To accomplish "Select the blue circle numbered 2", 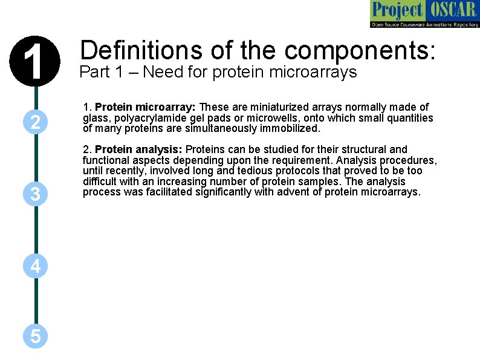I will pyautogui.click(x=36, y=123).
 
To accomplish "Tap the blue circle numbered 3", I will pyautogui.click(x=36, y=194).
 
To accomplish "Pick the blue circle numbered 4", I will pyautogui.click(x=36, y=266).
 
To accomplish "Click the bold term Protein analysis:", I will pyautogui.click(x=139, y=149).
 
